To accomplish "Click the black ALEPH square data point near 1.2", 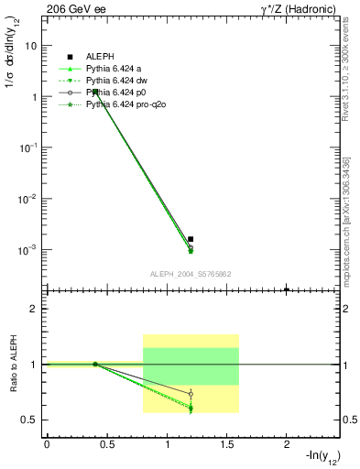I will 191,239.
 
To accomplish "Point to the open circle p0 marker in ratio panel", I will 191,394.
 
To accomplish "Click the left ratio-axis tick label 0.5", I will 29,420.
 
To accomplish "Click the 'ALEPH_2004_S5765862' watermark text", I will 190,274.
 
